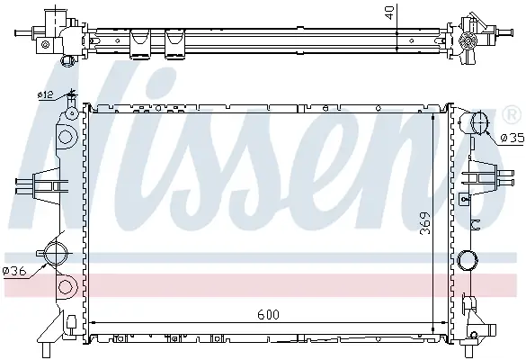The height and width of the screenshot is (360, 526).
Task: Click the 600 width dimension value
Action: coord(268,315)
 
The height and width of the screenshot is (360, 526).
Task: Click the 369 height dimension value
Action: coord(425,223)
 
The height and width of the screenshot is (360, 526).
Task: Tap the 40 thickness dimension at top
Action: coord(389,12)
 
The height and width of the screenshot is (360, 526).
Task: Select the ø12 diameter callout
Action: coord(45,95)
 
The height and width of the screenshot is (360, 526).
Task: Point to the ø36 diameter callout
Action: coord(14,271)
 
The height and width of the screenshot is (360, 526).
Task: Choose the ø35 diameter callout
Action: coord(512,138)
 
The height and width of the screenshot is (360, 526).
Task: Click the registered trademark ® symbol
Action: coord(512,115)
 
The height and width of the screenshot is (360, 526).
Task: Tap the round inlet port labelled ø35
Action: coord(479,123)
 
